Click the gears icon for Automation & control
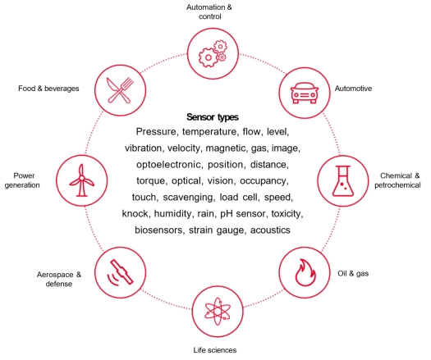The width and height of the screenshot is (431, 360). click(213, 54)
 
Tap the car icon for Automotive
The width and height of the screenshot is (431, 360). click(305, 93)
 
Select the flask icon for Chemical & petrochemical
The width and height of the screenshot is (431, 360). click(343, 181)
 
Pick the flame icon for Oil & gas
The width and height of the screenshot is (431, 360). click(305, 273)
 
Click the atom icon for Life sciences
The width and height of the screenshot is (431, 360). click(218, 312)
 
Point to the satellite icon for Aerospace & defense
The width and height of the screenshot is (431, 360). click(120, 273)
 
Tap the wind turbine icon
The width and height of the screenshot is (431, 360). click(81, 180)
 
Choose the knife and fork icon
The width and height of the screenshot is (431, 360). click(120, 90)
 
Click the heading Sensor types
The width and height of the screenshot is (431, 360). click(213, 117)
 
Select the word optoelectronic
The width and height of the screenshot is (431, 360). click(169, 165)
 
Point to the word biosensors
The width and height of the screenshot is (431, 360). click(159, 230)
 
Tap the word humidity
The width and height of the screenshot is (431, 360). click(173, 214)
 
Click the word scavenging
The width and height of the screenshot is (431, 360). click(189, 198)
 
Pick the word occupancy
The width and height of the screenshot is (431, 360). click(264, 181)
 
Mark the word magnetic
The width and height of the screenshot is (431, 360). click(226, 148)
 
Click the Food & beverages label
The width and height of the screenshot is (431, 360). click(48, 89)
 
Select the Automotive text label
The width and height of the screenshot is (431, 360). click(353, 89)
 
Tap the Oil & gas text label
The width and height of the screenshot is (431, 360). click(353, 274)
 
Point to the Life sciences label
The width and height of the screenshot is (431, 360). click(215, 350)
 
